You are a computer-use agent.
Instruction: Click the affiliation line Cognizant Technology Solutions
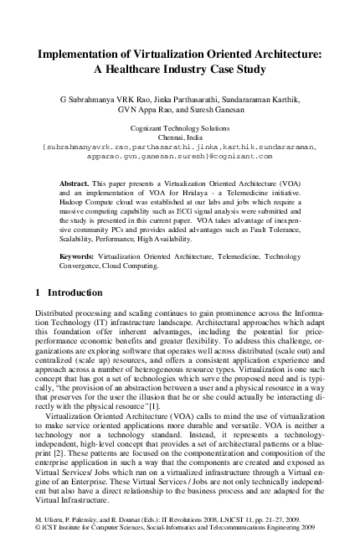(180, 128)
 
